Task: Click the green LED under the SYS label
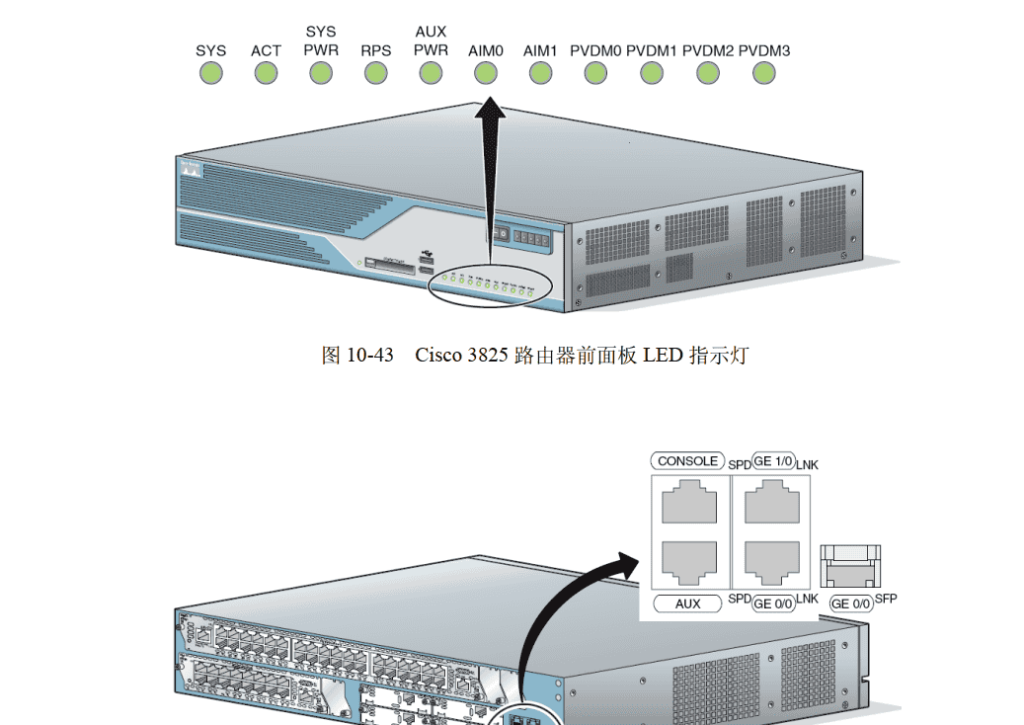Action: (x=210, y=73)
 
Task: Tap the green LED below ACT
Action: (x=266, y=73)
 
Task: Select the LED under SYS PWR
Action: (x=321, y=73)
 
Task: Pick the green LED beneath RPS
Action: (x=375, y=73)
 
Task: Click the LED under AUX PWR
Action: (x=431, y=73)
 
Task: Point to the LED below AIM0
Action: (x=486, y=73)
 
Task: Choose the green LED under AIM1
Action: (x=540, y=73)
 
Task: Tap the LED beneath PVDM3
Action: (x=763, y=73)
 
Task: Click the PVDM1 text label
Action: (x=651, y=50)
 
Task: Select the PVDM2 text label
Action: (x=707, y=50)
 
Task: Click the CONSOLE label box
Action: (x=687, y=461)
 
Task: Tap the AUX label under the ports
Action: (x=687, y=603)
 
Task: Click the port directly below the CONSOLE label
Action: (x=689, y=504)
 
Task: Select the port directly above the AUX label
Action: (x=689, y=563)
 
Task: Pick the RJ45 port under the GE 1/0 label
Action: (x=771, y=504)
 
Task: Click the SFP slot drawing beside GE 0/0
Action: (x=851, y=568)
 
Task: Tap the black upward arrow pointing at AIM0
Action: (x=490, y=168)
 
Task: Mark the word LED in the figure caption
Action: (x=663, y=355)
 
